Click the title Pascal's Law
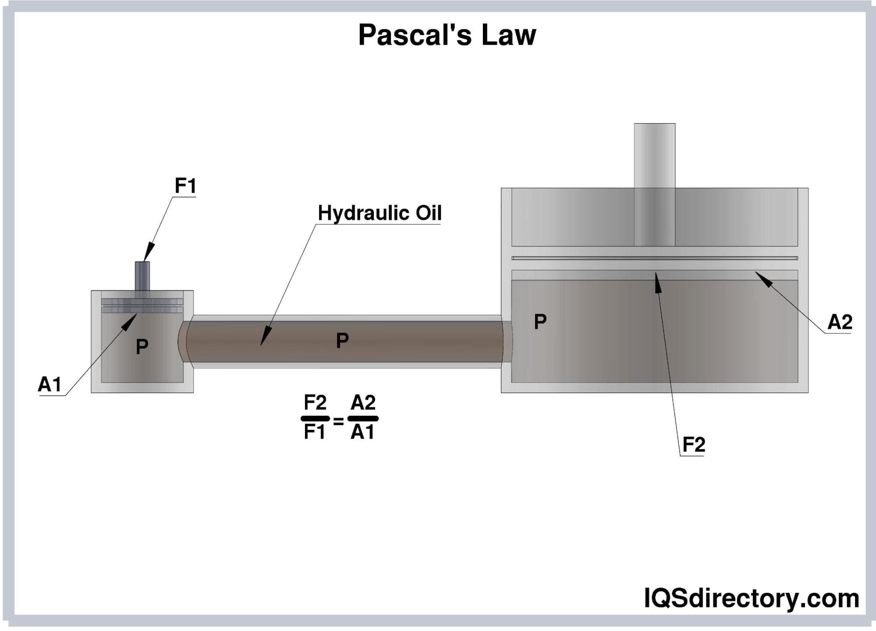(447, 35)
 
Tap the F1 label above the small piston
(185, 186)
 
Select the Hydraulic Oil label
(379, 213)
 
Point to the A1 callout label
(50, 385)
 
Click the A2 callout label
(840, 323)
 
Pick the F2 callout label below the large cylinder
(694, 445)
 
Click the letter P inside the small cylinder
(142, 347)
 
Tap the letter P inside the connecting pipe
(342, 340)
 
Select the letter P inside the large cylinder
(540, 322)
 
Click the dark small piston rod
(142, 276)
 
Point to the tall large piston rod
(654, 184)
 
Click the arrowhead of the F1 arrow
(148, 254)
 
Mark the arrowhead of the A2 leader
(763, 278)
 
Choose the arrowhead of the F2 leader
(657, 281)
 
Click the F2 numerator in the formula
(315, 402)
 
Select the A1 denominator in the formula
(362, 432)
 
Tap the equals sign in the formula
(338, 422)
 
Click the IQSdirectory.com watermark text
(751, 598)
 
